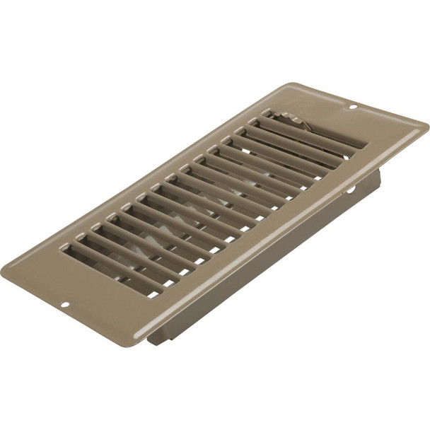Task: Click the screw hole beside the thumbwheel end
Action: (x=353, y=107)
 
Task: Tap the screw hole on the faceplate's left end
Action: (x=64, y=306)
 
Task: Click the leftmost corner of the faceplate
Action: (x=2, y=269)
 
